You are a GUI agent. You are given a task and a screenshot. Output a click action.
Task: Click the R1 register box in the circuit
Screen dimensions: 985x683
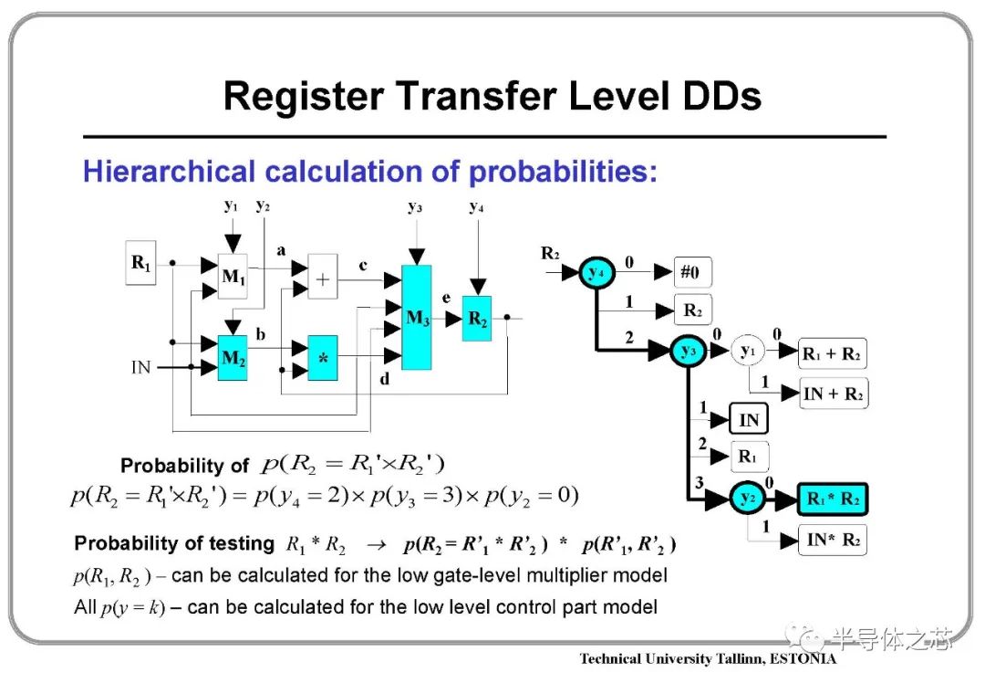click(x=140, y=262)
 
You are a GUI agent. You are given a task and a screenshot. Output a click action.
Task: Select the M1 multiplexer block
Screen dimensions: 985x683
click(x=233, y=276)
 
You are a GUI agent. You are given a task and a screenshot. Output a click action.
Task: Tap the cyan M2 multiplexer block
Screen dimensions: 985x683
click(x=233, y=358)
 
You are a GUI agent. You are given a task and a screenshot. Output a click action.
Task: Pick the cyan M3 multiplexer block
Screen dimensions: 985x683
click(x=417, y=317)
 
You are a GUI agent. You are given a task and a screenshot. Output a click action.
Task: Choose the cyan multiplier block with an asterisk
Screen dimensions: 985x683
click(x=323, y=358)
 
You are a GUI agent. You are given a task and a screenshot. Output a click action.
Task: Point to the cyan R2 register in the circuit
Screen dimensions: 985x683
click(x=477, y=319)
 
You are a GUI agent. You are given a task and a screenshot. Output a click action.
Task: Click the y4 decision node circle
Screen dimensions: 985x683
click(x=596, y=273)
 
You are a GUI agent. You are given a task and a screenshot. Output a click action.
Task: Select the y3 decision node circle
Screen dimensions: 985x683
click(x=689, y=351)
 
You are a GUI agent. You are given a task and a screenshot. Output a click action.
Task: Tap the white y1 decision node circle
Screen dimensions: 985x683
click(x=748, y=351)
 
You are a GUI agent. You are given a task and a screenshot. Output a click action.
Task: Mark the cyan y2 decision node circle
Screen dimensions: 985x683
click(x=748, y=499)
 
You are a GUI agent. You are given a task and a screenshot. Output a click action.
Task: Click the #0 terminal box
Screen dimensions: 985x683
click(x=693, y=272)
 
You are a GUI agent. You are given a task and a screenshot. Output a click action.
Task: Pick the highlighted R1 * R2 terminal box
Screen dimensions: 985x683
click(x=833, y=499)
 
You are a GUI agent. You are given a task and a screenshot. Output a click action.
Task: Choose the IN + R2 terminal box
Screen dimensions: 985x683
click(x=833, y=394)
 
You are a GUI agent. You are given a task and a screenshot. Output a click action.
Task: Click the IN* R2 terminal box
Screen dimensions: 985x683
click(x=833, y=540)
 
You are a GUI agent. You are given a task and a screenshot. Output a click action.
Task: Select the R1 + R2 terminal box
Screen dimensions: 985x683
click(x=833, y=353)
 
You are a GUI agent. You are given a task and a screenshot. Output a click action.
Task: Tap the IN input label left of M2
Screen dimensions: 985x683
click(x=140, y=367)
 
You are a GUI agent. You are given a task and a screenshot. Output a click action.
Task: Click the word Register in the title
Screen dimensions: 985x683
click(x=304, y=96)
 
